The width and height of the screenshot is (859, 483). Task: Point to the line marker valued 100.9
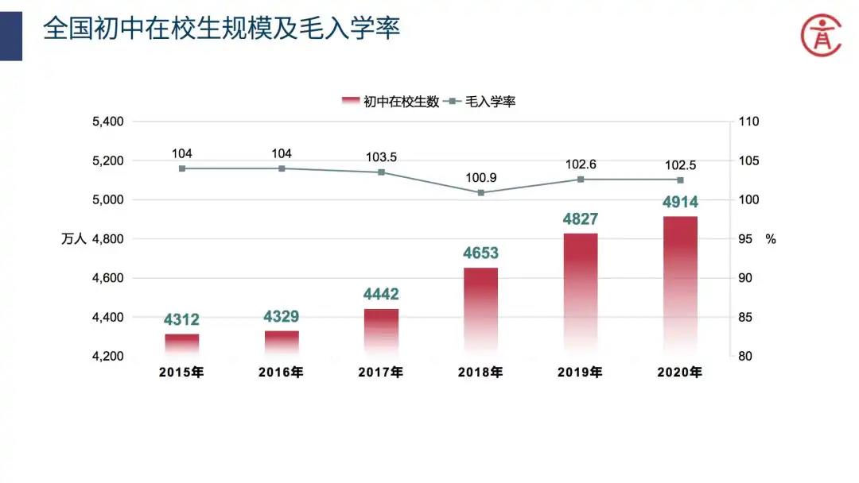point(481,192)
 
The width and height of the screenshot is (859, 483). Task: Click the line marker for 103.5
point(381,172)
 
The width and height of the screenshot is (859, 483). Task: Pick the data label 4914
point(680,203)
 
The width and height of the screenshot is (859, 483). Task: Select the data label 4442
point(381,295)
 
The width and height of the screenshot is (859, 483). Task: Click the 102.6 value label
point(581,164)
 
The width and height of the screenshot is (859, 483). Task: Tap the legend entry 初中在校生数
point(391,101)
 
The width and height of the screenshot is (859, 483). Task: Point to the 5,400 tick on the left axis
point(108,122)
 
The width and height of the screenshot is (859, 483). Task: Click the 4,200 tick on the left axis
point(108,356)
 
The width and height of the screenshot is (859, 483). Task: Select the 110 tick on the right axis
point(749,122)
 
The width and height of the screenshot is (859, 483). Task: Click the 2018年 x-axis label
point(480,372)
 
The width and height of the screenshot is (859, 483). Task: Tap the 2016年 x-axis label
point(281,372)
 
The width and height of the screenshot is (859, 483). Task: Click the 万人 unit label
point(73,238)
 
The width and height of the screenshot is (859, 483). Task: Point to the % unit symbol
point(770,238)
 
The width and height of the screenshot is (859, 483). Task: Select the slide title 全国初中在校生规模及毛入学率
point(221,30)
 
